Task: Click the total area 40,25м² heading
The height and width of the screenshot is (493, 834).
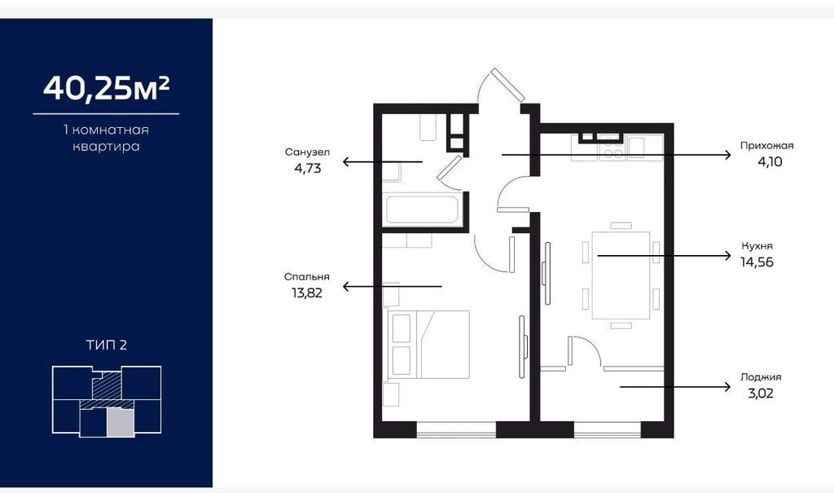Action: pos(107,88)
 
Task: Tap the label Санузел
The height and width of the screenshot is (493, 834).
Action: pos(307,152)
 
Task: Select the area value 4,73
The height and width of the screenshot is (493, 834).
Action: pos(307,168)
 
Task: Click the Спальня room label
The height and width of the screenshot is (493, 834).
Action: pos(307,277)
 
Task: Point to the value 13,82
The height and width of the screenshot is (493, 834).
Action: pos(307,293)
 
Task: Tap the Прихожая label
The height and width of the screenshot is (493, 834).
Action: pos(767,146)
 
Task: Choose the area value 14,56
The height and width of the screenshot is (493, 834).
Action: pos(757,262)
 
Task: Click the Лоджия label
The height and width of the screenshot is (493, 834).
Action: pos(761,377)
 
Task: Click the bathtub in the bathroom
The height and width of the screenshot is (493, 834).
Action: pos(423,210)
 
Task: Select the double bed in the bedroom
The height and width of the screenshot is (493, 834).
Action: pos(429,345)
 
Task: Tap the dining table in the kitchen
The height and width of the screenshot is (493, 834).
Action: pos(621,275)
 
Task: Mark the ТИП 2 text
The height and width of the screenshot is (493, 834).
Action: pos(107,345)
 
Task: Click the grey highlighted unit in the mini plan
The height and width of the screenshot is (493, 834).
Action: pos(121,423)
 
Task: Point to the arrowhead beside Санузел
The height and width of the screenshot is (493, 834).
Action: pos(347,161)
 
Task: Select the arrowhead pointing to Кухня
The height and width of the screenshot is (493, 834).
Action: pos(727,256)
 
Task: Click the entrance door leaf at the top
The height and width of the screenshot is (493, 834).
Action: pos(508,85)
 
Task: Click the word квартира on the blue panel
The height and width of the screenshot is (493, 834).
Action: pos(106,147)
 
